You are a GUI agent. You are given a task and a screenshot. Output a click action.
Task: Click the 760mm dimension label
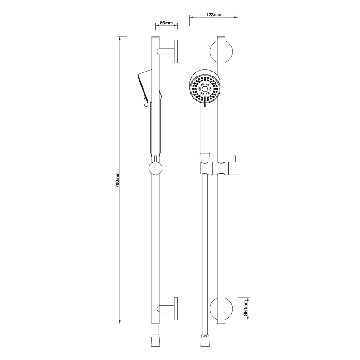coord(117,180)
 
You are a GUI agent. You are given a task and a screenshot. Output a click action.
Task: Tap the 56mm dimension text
coord(166,23)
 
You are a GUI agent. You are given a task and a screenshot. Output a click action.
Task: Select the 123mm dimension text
coord(213,14)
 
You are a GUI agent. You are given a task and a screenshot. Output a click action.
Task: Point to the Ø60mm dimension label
coord(245,309)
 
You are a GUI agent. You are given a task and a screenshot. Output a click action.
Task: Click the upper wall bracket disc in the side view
coord(175,52)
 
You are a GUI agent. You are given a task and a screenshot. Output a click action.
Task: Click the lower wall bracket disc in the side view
coord(175,309)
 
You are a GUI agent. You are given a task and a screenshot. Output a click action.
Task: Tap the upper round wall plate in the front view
coord(214,52)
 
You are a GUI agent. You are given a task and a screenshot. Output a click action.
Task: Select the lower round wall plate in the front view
coord(214,309)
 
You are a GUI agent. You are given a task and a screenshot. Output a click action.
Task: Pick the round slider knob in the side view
coord(155,168)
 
